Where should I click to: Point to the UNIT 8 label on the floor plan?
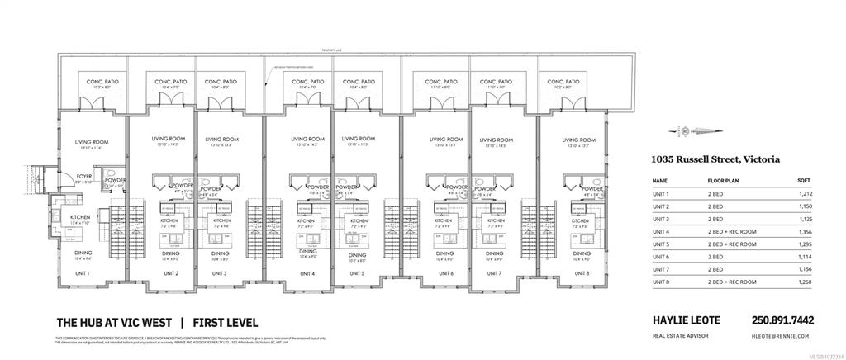[x=582, y=273]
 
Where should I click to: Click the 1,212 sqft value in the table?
[x=806, y=193]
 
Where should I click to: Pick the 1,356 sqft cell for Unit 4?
[x=806, y=232]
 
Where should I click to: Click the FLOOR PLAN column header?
[x=723, y=179]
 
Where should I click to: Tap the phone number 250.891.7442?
[x=782, y=321]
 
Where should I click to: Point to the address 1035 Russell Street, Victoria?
[x=715, y=159]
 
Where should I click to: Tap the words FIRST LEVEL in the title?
[x=226, y=322]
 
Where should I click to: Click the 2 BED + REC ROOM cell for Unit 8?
[x=730, y=282]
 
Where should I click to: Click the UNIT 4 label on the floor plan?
[x=307, y=273]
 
